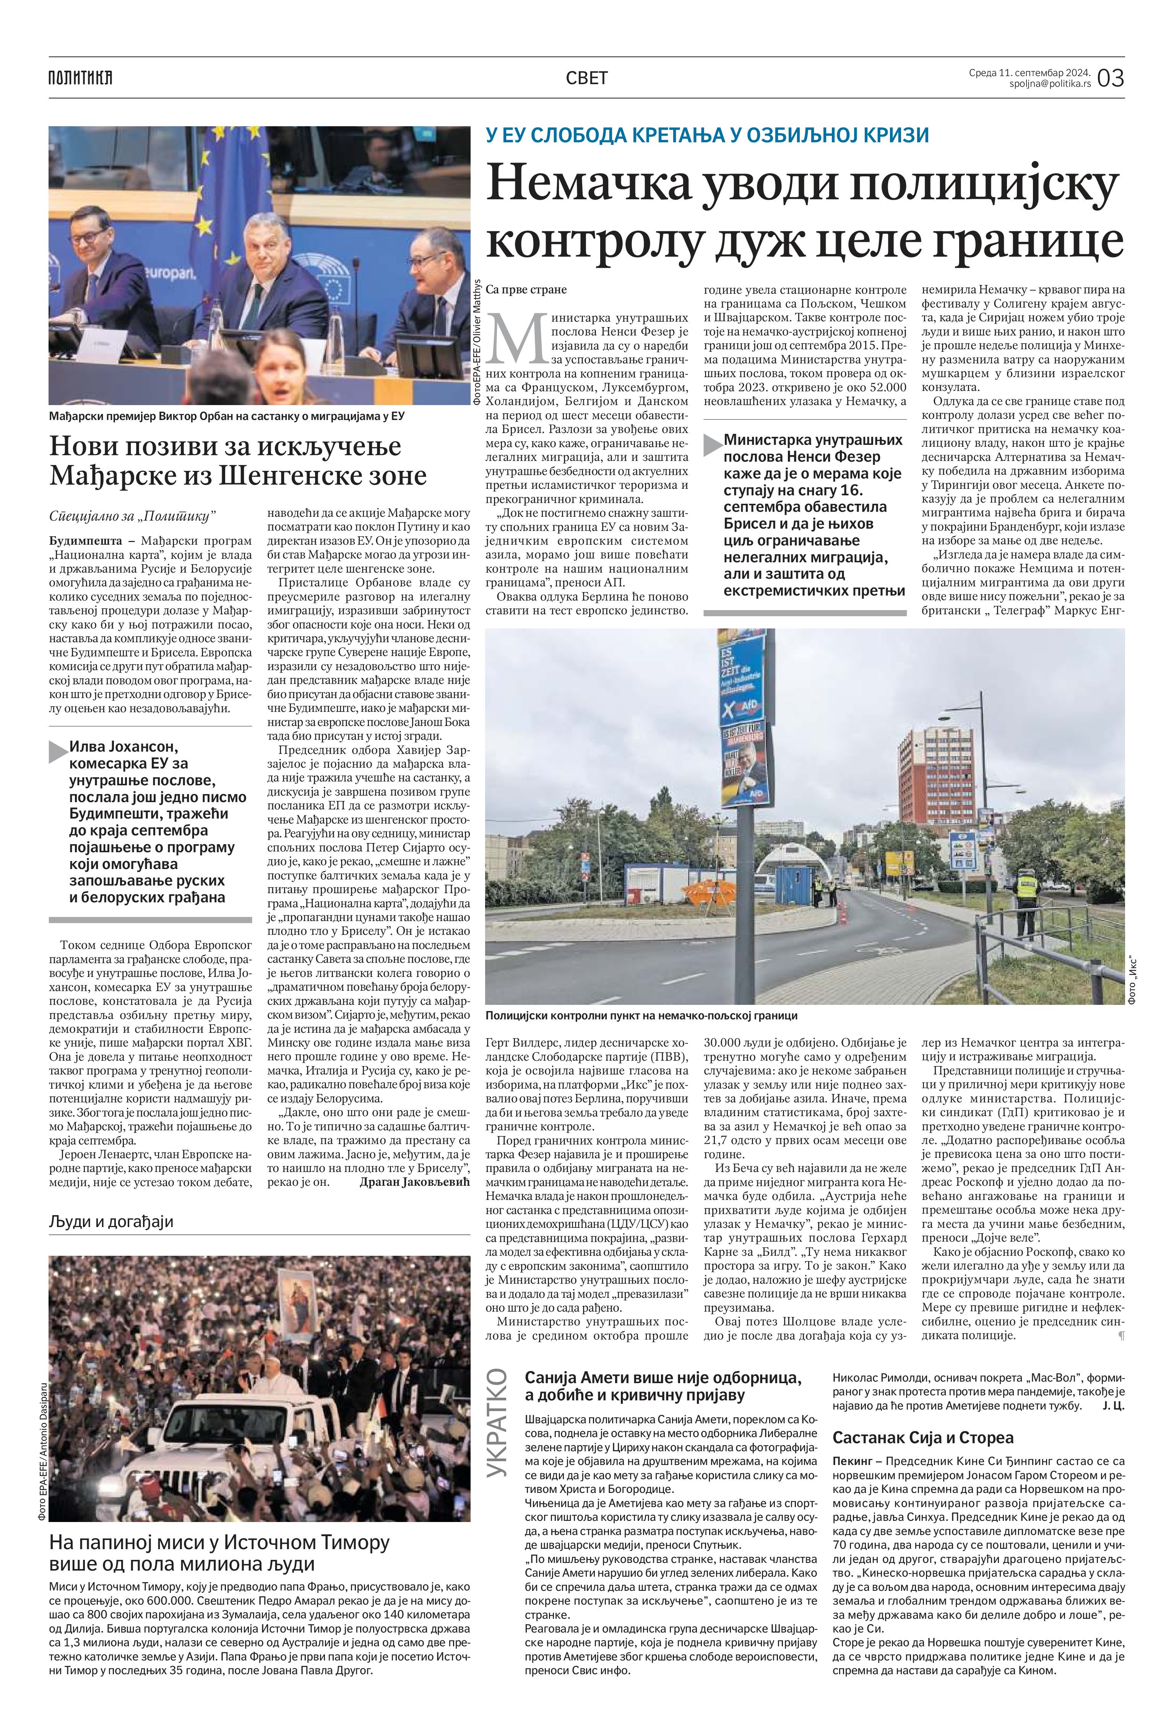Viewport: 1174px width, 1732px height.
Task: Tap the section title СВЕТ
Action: (586, 78)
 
